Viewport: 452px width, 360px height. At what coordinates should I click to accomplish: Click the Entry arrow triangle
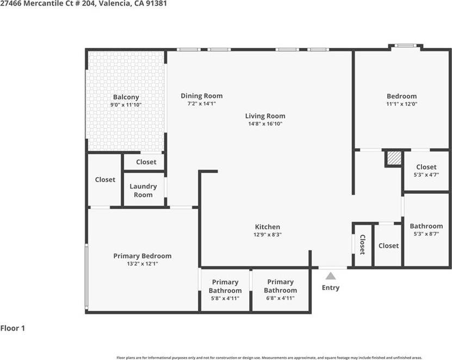[330, 276]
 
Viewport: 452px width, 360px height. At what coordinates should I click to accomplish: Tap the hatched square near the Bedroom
[393, 158]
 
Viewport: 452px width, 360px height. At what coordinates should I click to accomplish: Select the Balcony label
[126, 97]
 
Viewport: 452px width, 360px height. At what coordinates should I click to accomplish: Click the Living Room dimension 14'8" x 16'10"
[265, 123]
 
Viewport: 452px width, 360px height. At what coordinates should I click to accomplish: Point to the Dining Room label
[202, 96]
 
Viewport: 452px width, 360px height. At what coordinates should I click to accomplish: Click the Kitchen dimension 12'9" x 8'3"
[268, 234]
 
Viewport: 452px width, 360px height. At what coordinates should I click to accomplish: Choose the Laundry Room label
[143, 190]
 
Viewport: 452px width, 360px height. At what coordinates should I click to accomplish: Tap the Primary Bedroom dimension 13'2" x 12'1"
[143, 264]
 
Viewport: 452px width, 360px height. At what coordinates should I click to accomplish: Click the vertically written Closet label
[362, 245]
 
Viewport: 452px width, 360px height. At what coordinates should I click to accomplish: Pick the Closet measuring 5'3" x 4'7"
[426, 171]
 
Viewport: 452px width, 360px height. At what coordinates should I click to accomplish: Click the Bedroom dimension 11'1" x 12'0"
[401, 104]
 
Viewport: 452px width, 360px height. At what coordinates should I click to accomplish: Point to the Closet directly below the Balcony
[146, 162]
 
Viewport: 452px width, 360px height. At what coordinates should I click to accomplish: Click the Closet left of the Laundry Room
[105, 179]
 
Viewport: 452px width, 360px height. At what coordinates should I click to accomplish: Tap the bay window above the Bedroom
[405, 46]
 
